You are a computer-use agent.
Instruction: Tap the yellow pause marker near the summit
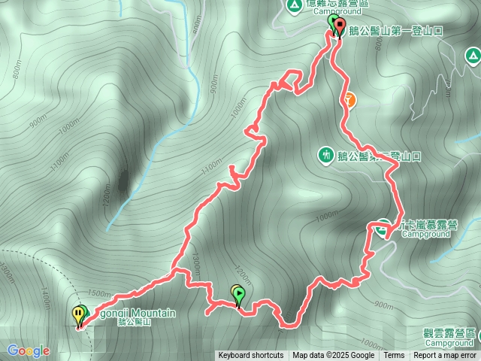coord(78,314)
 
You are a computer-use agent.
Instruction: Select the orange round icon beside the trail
coord(349,98)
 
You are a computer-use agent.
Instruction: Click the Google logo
coord(28,350)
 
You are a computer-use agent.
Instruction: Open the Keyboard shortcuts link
coord(251,356)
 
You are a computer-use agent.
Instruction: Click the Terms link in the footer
coord(394,356)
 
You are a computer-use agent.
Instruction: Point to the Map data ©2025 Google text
coord(334,356)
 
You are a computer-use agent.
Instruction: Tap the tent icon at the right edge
coord(473,55)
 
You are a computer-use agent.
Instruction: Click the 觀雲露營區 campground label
coord(449,332)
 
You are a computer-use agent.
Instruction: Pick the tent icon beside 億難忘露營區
coord(293,7)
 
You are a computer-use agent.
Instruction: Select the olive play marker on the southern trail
coord(239,294)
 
